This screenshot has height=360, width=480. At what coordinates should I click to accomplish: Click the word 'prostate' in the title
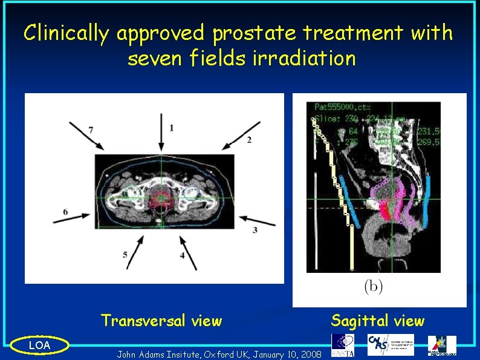[251, 34]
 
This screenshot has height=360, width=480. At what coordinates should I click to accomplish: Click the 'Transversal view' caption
[161, 321]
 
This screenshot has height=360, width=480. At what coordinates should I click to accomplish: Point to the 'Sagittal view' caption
[378, 321]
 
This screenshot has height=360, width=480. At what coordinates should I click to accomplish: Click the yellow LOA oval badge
[40, 345]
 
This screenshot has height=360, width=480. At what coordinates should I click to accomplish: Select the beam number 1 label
[172, 128]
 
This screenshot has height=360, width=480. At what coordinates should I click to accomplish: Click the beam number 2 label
[248, 140]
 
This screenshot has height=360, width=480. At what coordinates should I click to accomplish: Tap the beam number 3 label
[255, 230]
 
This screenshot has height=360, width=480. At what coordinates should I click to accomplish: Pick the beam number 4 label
[182, 256]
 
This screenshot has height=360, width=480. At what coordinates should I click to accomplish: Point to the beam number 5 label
[126, 255]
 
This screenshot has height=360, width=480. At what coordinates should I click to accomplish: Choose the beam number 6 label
[65, 212]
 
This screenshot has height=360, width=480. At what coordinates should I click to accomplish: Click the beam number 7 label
[91, 129]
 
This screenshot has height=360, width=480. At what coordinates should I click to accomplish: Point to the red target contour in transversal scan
[161, 199]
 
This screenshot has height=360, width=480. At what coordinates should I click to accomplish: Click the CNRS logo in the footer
[391, 345]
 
